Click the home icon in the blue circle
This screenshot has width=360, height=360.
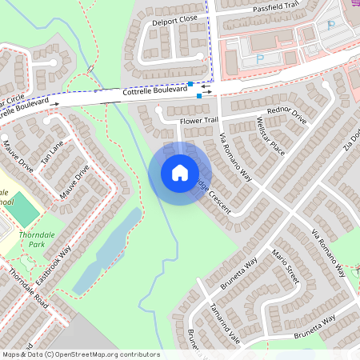tap(180, 172)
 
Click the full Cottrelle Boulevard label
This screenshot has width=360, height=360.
tap(155, 92)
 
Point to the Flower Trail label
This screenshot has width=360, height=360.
tap(199, 120)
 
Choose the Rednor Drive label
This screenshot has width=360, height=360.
tap(287, 114)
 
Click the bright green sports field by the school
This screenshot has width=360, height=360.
tap(26, 209)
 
